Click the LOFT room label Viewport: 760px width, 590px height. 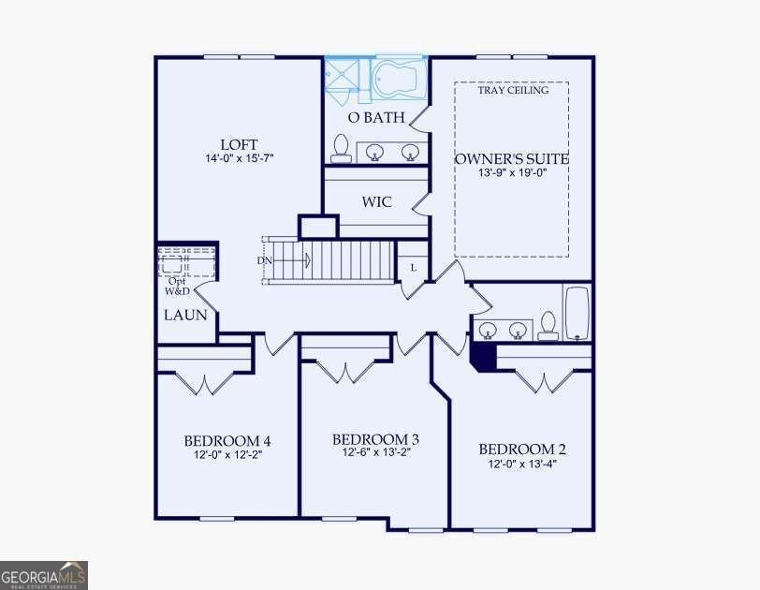(239, 144)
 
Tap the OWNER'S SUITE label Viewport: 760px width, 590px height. (512, 159)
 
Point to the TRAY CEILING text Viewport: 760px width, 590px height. (513, 90)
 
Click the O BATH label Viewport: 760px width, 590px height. (376, 117)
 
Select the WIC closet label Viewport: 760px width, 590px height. (376, 202)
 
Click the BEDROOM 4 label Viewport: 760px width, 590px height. (227, 441)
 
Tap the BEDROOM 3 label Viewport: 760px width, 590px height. (375, 439)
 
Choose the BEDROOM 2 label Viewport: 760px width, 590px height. (522, 450)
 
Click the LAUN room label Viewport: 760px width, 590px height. (185, 315)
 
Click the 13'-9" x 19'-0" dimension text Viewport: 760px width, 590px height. (512, 172)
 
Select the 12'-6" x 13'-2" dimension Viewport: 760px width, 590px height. (376, 452)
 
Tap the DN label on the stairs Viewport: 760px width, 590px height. (265, 261)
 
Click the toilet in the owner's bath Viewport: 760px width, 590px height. (342, 148)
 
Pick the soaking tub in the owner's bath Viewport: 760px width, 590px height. (397, 79)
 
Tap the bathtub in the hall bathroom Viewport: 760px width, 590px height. (577, 313)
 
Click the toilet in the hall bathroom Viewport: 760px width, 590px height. (548, 326)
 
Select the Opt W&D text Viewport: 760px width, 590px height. (178, 286)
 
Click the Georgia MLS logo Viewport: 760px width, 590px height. (44, 575)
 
